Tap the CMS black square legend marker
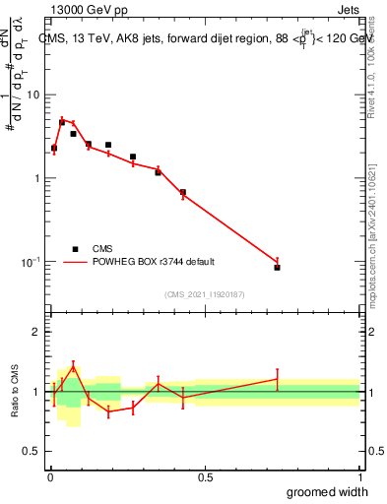(74, 249)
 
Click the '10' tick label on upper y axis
(33, 94)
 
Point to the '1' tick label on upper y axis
(37, 178)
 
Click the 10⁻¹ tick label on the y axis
(32, 261)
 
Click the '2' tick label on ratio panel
(38, 332)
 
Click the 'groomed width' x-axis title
(328, 492)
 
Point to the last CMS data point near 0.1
(278, 268)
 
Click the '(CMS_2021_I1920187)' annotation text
(205, 293)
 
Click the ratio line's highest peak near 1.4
(72, 367)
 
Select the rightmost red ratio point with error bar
(278, 379)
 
